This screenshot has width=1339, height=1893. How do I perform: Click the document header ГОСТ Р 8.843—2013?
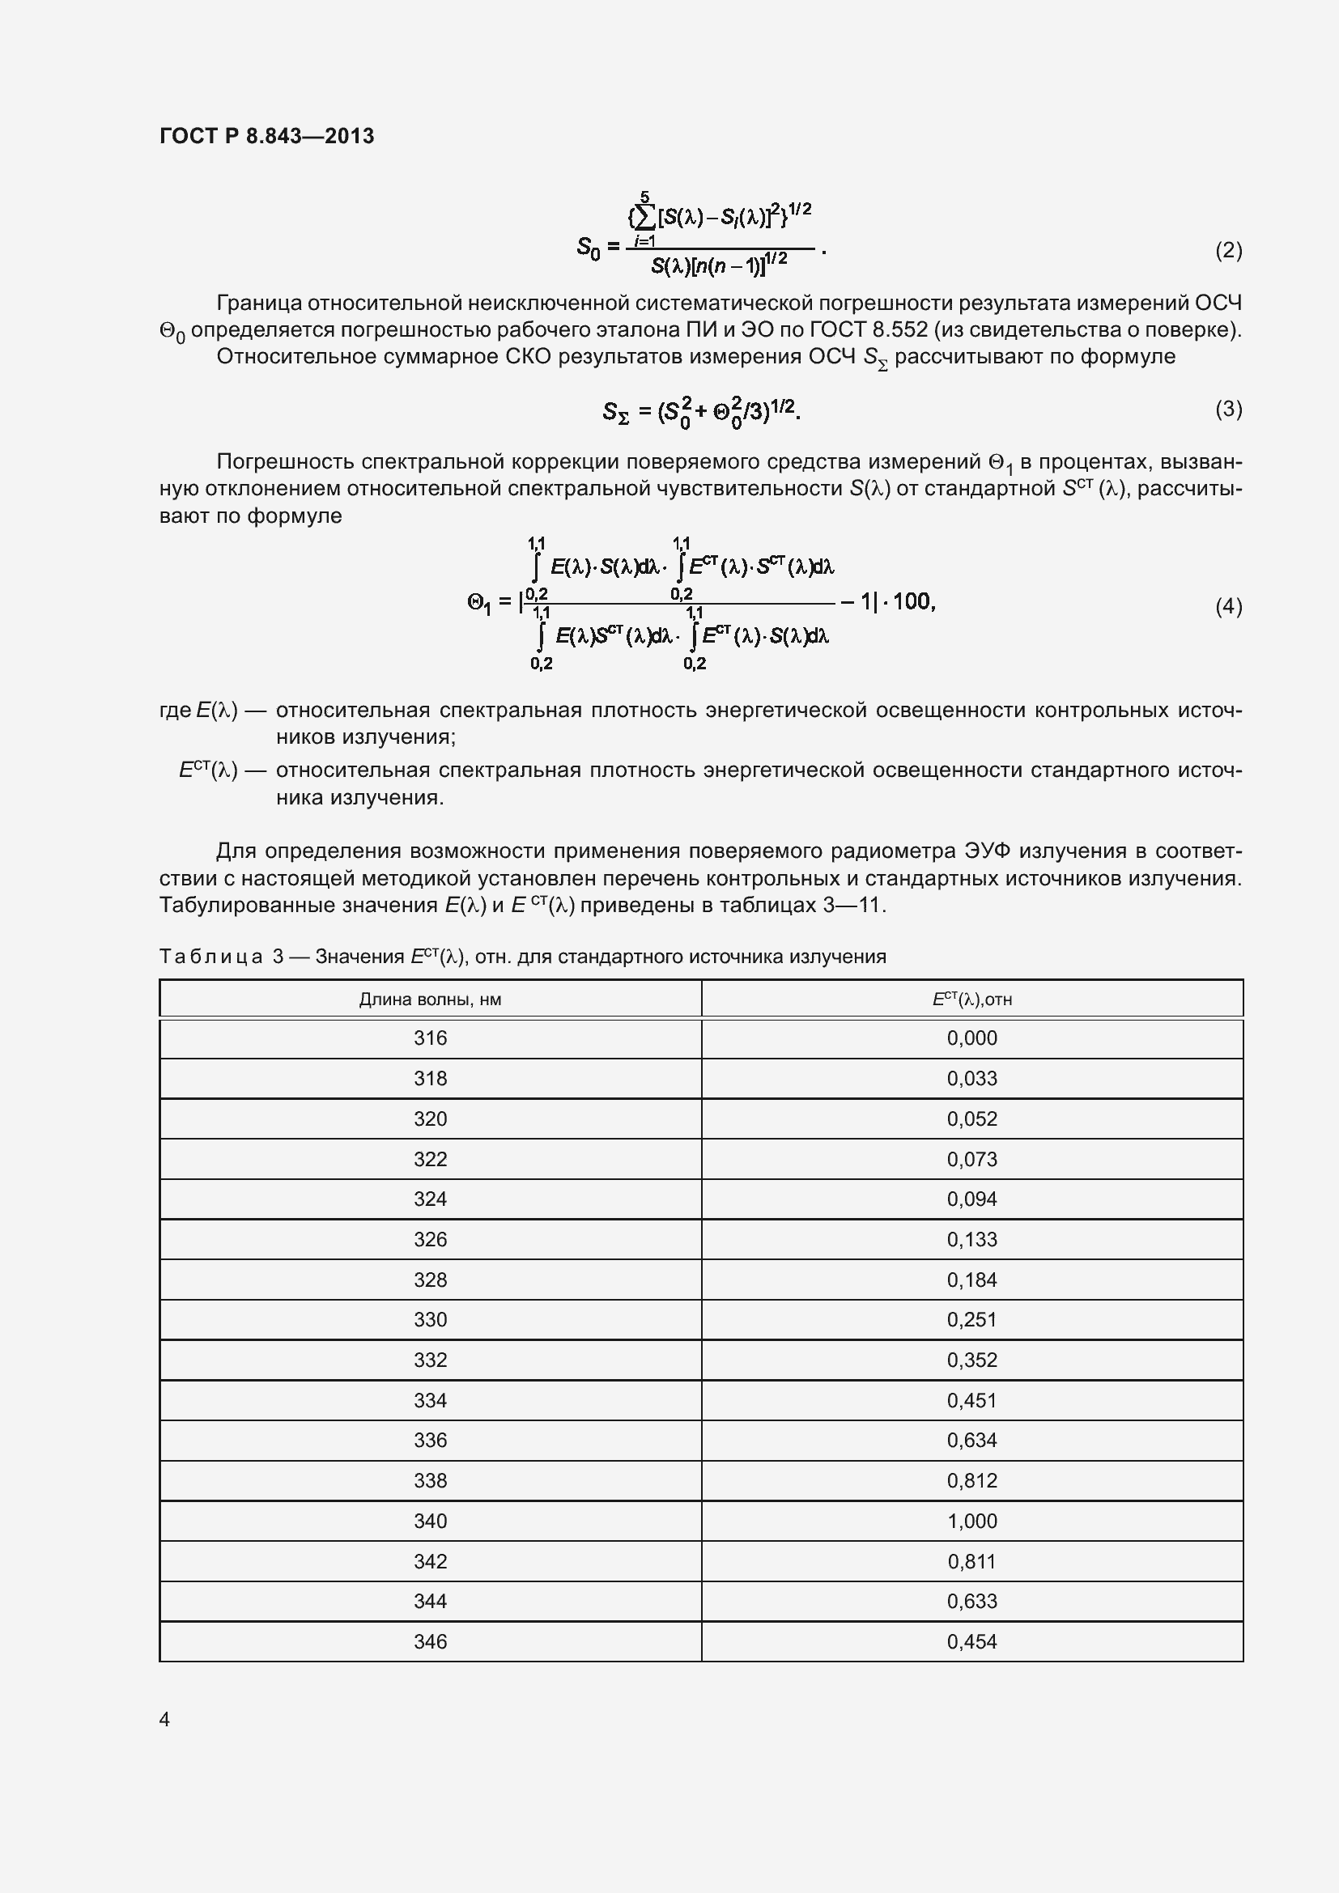[266, 136]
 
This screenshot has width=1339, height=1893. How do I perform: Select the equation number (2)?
[1228, 250]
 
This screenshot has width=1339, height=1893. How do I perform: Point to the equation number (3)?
[1228, 409]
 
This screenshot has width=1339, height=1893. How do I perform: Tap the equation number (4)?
[1228, 607]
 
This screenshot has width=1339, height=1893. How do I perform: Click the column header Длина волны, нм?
[430, 1000]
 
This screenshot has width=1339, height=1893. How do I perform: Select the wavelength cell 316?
[430, 1038]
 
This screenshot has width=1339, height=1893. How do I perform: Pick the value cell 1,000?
[971, 1522]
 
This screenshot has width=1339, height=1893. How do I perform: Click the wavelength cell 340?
[430, 1522]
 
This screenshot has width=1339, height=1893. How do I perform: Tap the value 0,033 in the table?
[971, 1078]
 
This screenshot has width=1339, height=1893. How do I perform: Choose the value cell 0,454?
[971, 1641]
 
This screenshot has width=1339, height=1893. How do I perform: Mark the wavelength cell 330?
[430, 1320]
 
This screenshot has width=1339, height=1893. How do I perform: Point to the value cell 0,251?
[971, 1320]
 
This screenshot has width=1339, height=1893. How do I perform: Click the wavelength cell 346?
[430, 1641]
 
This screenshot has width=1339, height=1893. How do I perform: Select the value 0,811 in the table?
[971, 1561]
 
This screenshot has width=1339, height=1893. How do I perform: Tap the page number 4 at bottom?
[164, 1719]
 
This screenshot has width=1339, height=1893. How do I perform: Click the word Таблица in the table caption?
[210, 957]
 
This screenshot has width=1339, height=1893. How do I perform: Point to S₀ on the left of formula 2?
[588, 247]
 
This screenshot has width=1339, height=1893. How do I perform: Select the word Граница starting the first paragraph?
[258, 303]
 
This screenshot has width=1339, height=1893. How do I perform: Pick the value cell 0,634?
[971, 1441]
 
